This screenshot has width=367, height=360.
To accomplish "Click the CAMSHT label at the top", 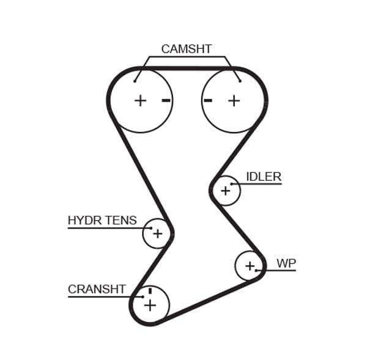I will tap(186, 49).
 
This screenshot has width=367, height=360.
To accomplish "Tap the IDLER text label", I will tap(264, 177).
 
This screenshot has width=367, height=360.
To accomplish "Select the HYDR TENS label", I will tap(102, 221).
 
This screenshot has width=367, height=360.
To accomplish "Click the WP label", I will tap(286, 263).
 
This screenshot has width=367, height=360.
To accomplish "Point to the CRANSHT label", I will tap(97, 289).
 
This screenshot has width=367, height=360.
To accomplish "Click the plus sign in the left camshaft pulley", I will tap(141, 100).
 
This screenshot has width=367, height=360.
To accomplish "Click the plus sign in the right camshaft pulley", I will tap(234, 100).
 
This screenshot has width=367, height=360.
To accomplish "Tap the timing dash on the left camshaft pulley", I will tap(166, 100).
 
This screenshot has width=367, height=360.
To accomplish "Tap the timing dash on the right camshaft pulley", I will tap(208, 100).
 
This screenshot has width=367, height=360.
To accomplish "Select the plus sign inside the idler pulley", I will tap(226, 191).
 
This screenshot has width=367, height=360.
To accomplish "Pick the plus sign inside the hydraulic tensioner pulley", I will tap(158, 233).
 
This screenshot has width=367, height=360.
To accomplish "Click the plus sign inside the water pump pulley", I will tap(250, 266).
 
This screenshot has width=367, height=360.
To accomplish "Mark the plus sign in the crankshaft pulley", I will tap(150, 305).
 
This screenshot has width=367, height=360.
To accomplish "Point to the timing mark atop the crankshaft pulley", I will tap(150, 291).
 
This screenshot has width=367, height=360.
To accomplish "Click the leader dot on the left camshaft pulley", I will tap(135, 81).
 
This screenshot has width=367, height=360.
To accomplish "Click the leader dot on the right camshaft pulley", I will tap(240, 81).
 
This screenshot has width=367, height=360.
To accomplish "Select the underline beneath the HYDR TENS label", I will tap(104, 228).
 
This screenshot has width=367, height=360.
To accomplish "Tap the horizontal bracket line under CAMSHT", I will tap(186, 57).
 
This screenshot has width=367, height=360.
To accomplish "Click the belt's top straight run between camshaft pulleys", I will tap(187, 68).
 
